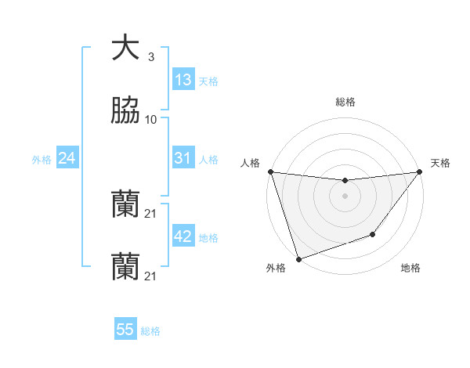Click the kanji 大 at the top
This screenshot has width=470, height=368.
(x=125, y=49)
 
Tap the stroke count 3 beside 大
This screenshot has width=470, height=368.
(x=151, y=57)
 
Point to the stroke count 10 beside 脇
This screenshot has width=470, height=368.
(x=151, y=119)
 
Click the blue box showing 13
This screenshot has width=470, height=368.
(x=183, y=80)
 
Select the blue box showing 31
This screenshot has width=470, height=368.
(x=183, y=158)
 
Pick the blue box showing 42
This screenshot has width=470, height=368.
(x=183, y=236)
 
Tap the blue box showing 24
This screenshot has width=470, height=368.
(x=67, y=158)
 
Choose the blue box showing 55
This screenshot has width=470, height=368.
(x=125, y=330)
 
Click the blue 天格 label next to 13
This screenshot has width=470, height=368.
(x=208, y=81)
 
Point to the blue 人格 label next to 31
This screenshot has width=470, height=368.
(x=208, y=160)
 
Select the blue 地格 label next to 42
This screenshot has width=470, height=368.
(x=208, y=238)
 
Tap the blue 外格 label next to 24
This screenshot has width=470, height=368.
(x=42, y=160)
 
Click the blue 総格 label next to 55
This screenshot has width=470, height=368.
(x=150, y=331)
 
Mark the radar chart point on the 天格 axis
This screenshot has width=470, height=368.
(x=420, y=171)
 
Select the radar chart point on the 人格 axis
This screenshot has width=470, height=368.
(x=270, y=171)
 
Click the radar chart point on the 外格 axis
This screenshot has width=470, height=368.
(x=298, y=258)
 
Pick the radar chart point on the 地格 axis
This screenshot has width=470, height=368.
(x=374, y=234)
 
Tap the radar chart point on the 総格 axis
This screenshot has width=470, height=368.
(x=345, y=181)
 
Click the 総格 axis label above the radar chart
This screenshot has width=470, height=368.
(x=345, y=102)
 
